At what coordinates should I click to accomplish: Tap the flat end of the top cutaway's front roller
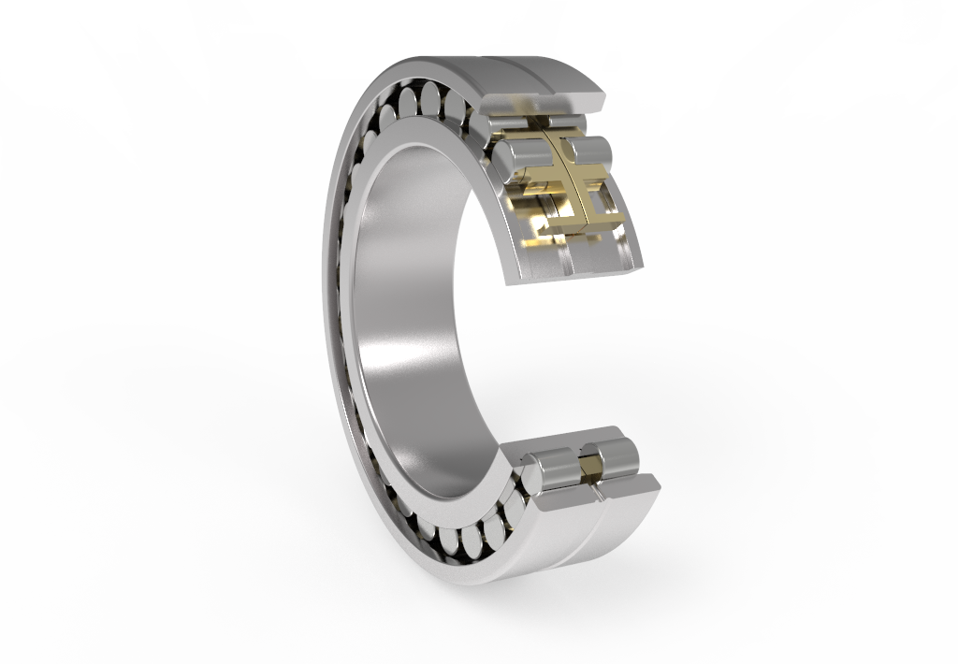(x=501, y=159)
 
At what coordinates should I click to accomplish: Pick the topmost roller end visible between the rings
(x=431, y=97)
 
